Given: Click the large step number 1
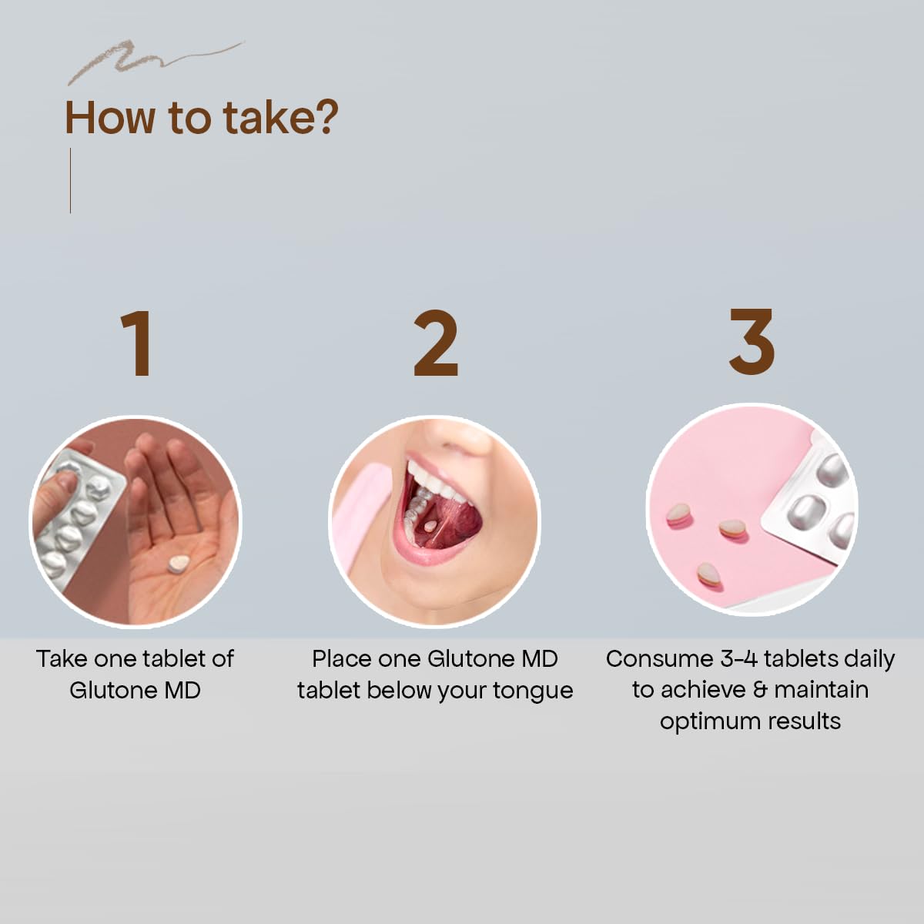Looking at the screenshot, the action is coord(138,343).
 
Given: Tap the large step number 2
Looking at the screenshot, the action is coord(436,343).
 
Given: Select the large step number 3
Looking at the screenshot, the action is coord(752,341).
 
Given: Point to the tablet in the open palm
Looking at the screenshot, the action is coord(178,564).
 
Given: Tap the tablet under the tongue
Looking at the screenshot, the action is coord(430,526).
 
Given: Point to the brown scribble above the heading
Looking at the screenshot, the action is coord(156,60).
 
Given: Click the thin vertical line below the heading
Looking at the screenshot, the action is coord(71,180).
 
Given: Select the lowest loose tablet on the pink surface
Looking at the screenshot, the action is coord(709,574).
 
